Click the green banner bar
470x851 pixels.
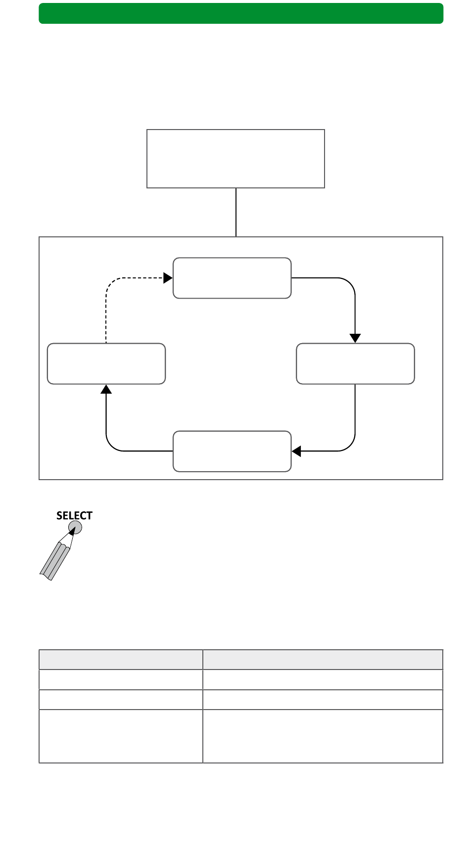tap(241, 13)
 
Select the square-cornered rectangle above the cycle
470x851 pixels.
tap(235, 159)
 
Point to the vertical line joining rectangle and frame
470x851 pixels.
tap(236, 213)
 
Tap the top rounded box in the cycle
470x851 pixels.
tap(232, 278)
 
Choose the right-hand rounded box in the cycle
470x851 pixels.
tap(355, 363)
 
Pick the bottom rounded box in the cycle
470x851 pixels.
tap(232, 451)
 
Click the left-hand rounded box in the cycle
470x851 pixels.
tap(106, 363)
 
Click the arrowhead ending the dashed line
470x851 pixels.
tap(168, 278)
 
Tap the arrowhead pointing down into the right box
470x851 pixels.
tap(355, 338)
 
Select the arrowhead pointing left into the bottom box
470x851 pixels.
tap(296, 451)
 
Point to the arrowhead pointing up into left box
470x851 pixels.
tap(106, 389)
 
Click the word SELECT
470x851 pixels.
tap(74, 516)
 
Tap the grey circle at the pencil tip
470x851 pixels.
tap(75, 528)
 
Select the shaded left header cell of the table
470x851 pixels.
tap(121, 660)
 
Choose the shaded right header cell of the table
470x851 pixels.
tap(323, 660)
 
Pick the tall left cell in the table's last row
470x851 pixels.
tap(121, 736)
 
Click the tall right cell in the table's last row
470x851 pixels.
tap(323, 736)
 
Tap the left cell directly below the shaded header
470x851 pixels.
tap(121, 679)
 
